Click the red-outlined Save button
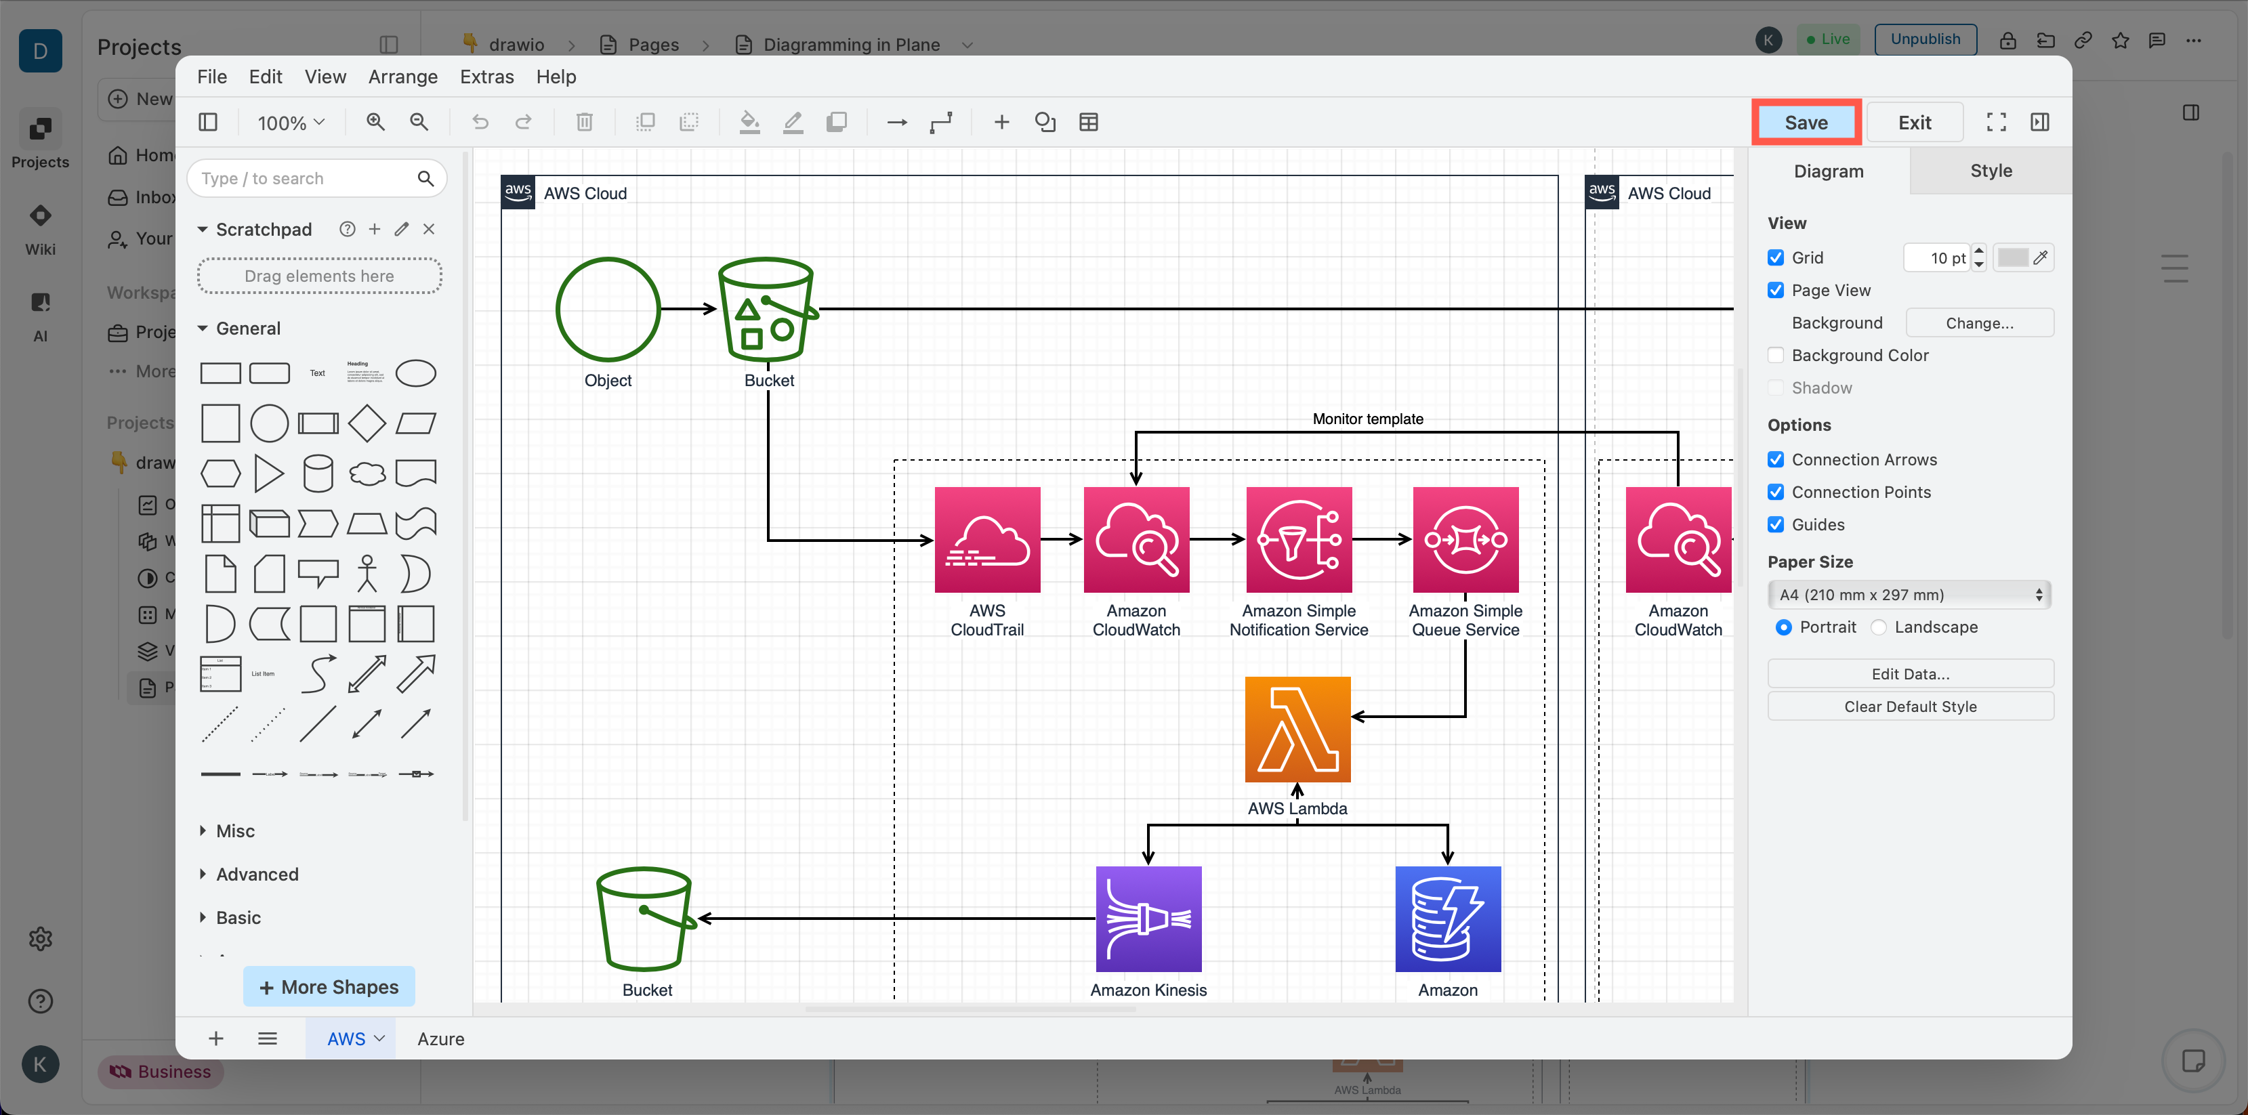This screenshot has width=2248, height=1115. (x=1805, y=122)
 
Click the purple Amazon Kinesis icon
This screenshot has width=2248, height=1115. (x=1148, y=918)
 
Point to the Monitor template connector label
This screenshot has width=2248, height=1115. (x=1367, y=419)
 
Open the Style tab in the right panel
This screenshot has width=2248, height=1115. (x=1990, y=171)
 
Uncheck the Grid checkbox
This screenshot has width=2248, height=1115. (x=1775, y=257)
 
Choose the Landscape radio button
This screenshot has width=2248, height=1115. (x=1879, y=627)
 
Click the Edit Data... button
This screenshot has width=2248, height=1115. (x=1909, y=673)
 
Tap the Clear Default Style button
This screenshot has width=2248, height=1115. (x=1909, y=707)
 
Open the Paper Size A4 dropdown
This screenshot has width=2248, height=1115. (x=1909, y=594)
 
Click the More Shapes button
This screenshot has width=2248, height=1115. (x=329, y=987)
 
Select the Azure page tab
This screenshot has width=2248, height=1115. (x=440, y=1038)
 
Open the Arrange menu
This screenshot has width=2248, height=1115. (x=402, y=77)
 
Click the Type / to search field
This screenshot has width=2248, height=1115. (x=306, y=178)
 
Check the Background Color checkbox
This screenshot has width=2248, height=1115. (x=1775, y=355)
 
